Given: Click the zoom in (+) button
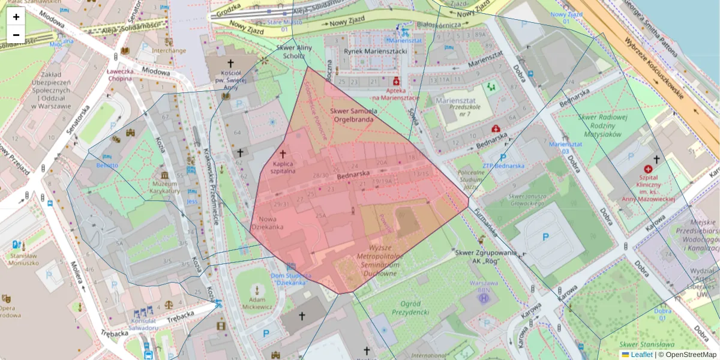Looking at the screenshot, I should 16,17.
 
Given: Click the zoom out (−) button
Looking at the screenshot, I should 16,35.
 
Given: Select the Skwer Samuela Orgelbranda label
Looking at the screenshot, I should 353,115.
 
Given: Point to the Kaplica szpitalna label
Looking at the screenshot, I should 283,167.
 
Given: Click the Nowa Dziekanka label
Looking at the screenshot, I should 267,223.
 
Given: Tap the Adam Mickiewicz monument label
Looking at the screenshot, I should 257,303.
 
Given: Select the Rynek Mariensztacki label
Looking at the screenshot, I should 376,51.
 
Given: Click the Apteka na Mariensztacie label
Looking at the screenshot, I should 395,93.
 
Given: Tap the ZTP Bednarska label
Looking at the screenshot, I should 503,166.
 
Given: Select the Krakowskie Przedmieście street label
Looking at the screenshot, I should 210,186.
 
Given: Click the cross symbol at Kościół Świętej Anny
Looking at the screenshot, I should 230,63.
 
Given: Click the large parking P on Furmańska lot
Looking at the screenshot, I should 545,237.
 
